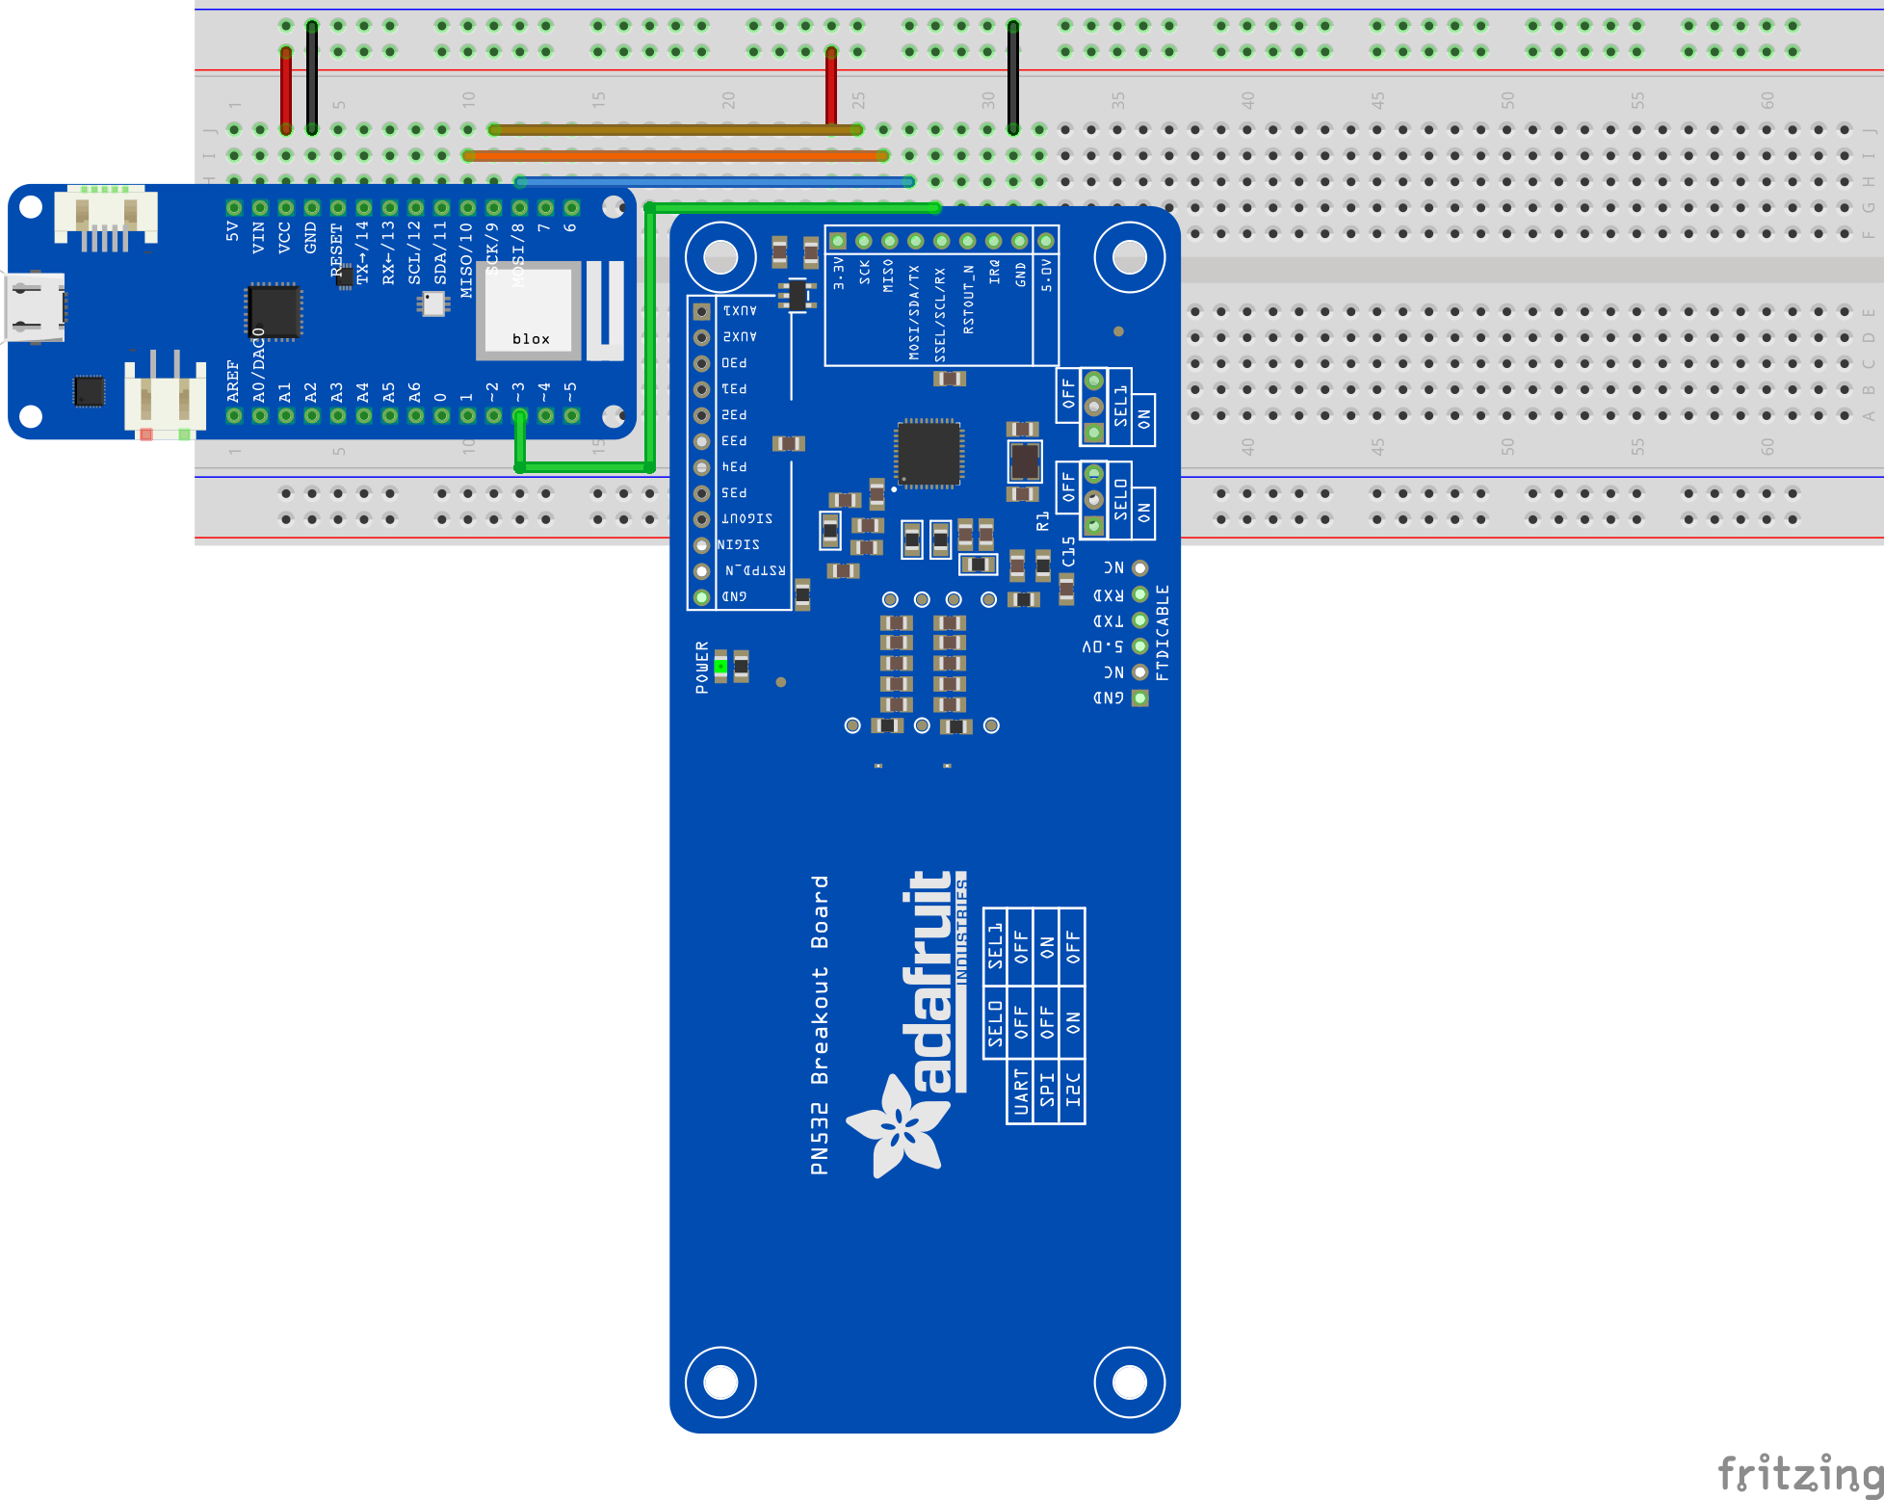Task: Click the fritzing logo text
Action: tap(1799, 1474)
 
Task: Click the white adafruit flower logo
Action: tap(898, 1126)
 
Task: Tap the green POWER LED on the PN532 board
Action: tap(720, 666)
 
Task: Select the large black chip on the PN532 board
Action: tap(929, 453)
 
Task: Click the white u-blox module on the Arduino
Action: tap(529, 310)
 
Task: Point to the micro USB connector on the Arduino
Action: tap(36, 307)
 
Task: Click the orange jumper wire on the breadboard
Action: tap(674, 155)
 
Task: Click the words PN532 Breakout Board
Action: tap(820, 1025)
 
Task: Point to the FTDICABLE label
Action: tap(1163, 632)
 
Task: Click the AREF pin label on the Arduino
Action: tap(233, 381)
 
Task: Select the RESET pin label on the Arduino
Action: tap(336, 249)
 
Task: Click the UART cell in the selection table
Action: tap(1020, 1092)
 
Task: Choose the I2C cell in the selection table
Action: tap(1073, 1092)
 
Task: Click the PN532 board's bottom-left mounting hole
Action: tap(720, 1382)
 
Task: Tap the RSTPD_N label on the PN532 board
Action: tap(755, 570)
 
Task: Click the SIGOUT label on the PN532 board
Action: tap(746, 518)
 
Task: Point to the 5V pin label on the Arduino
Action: tap(233, 231)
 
